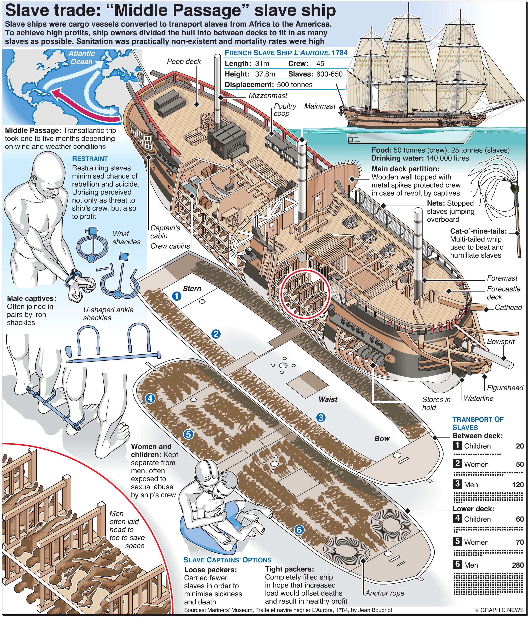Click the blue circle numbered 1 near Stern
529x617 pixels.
[177, 296]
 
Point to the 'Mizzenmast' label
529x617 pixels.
[268, 96]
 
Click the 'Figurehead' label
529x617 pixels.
[505, 388]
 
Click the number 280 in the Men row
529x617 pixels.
[518, 565]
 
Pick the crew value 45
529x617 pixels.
[320, 63]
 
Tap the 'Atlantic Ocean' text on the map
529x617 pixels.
[81, 58]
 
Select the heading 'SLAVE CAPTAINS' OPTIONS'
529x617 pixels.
[227, 560]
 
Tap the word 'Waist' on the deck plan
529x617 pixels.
[328, 399]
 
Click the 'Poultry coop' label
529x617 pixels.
[285, 110]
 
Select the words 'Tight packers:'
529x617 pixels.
[289, 570]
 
